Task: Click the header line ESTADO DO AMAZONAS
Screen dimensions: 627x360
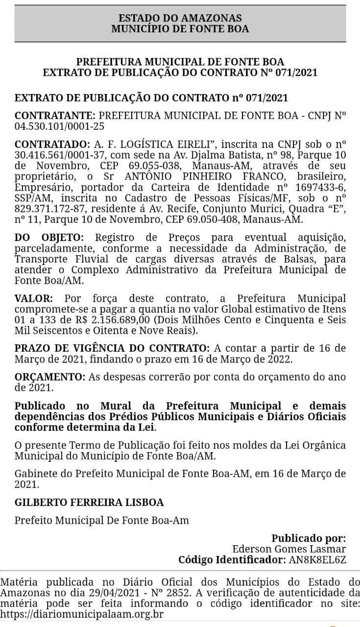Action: tap(180, 18)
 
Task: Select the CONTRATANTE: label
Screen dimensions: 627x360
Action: tap(55, 116)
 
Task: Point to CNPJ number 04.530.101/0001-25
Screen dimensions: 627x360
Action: tap(59, 126)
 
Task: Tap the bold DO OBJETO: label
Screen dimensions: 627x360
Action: tap(49, 238)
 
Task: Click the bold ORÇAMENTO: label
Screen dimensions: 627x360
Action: tap(49, 377)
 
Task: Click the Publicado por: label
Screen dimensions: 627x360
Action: tap(309, 538)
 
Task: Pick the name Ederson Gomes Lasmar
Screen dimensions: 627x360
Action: tap(288, 549)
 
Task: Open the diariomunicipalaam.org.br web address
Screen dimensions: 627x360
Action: tap(82, 614)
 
